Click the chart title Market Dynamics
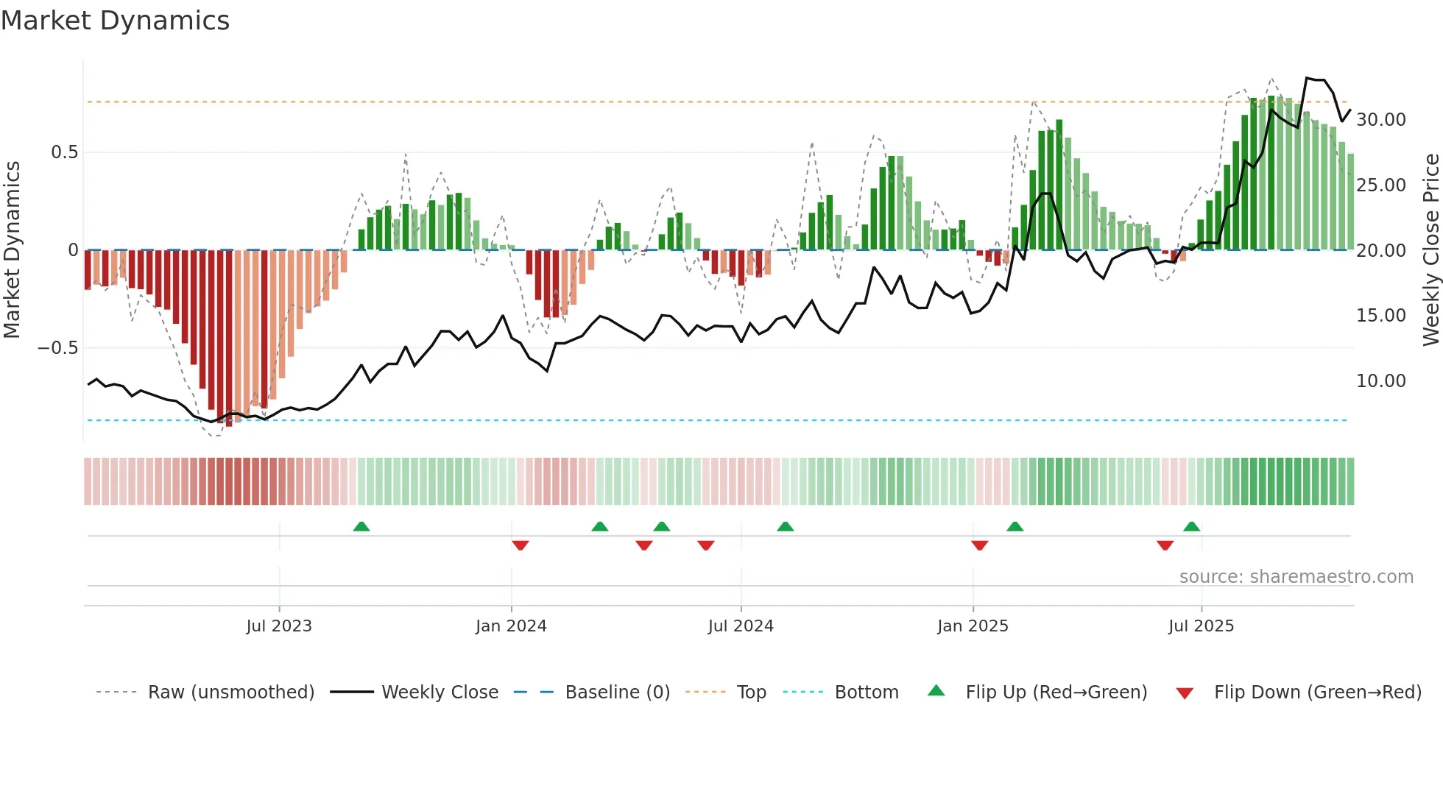[115, 21]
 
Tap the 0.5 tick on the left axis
[64, 152]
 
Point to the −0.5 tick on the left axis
[58, 347]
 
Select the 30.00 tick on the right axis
[1380, 120]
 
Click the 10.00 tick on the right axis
[1380, 381]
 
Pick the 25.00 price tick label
[1380, 185]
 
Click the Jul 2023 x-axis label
[279, 626]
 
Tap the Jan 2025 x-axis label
[973, 626]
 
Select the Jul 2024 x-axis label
[741, 626]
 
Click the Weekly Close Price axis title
[1430, 250]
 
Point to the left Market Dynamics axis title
[12, 250]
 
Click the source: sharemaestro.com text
[1296, 577]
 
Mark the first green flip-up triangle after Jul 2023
[361, 527]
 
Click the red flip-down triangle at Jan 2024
[521, 545]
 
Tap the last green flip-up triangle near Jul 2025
[1191, 527]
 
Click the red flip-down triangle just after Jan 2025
[979, 545]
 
